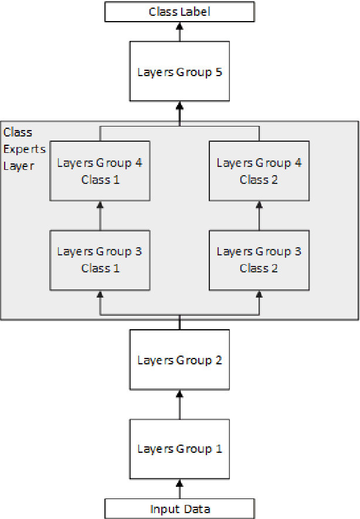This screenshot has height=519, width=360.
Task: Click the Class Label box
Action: pyautogui.click(x=179, y=12)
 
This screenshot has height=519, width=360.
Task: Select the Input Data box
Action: pyautogui.click(x=179, y=508)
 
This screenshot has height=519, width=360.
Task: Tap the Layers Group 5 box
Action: pyautogui.click(x=179, y=73)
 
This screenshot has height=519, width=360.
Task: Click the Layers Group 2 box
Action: pyautogui.click(x=179, y=360)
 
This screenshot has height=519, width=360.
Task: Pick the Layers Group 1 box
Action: pyautogui.click(x=179, y=449)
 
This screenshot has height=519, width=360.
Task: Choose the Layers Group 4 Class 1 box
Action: pyautogui.click(x=100, y=170)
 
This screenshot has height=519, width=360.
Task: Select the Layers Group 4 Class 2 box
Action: pyautogui.click(x=259, y=170)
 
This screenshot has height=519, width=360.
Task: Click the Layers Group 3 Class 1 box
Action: pyautogui.click(x=100, y=259)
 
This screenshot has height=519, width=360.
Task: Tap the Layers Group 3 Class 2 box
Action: pyautogui.click(x=259, y=259)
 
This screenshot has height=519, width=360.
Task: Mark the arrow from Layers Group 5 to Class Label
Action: pyautogui.click(x=179, y=32)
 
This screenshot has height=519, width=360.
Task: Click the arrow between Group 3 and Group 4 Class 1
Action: pyautogui.click(x=100, y=215)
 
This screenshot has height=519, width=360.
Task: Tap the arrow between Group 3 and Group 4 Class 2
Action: pyautogui.click(x=259, y=215)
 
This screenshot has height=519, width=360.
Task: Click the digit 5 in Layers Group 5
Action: pyautogui.click(x=218, y=73)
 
